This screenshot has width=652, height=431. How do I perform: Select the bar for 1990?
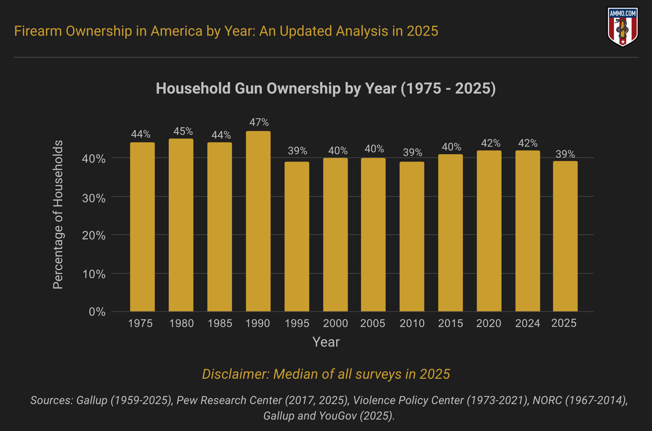[x=258, y=221]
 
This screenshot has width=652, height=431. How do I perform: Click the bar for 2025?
[x=565, y=236]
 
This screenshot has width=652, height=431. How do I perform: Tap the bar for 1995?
[x=297, y=236]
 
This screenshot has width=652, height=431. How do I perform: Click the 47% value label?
[x=259, y=122]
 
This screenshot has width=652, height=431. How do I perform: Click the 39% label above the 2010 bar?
[x=412, y=152]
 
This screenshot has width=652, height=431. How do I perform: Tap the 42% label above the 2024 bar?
[x=528, y=143]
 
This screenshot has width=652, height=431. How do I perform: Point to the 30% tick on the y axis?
[x=94, y=198]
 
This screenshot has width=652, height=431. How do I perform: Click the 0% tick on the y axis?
[x=97, y=312]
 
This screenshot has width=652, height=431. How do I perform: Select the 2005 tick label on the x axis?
[x=373, y=324]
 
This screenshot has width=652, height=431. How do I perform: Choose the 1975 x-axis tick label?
[x=140, y=324]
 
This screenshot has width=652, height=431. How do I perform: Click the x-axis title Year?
[x=326, y=342]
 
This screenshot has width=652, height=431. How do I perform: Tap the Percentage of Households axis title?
[x=58, y=215]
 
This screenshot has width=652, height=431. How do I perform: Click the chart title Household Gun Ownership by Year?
[x=325, y=88]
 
